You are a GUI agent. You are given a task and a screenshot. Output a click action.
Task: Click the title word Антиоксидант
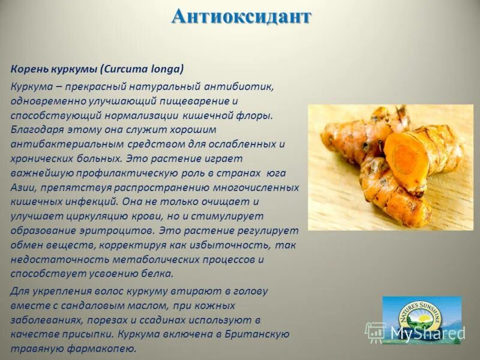(241, 16)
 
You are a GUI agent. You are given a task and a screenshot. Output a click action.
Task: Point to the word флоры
(256, 115)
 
